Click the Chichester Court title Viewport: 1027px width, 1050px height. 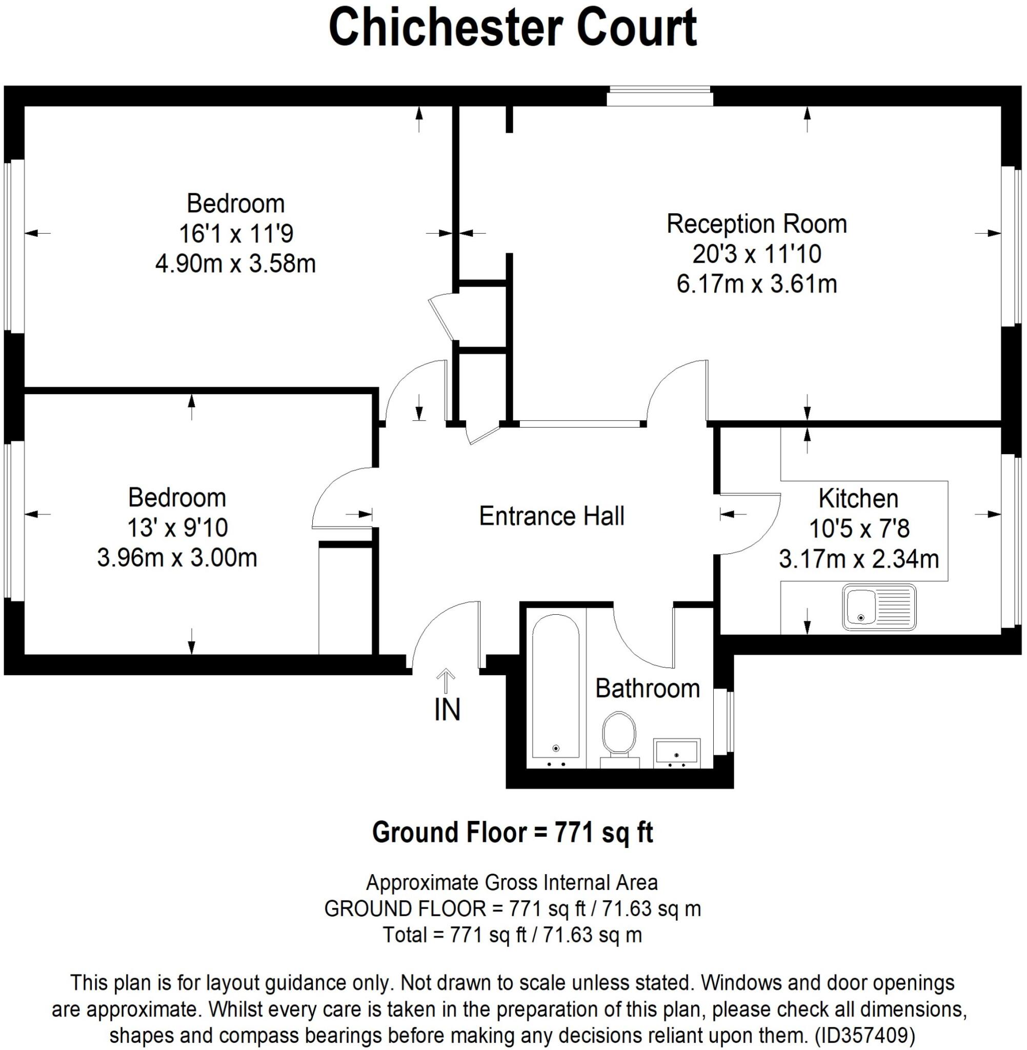click(512, 28)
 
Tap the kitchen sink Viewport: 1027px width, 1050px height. click(879, 607)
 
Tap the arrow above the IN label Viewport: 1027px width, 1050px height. click(446, 680)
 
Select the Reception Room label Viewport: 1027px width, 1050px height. click(756, 224)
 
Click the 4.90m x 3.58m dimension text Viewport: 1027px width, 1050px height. click(235, 264)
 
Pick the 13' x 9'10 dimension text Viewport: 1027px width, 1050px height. click(177, 528)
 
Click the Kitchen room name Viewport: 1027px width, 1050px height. click(858, 498)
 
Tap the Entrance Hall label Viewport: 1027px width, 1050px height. click(551, 516)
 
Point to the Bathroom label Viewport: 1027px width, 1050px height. click(647, 689)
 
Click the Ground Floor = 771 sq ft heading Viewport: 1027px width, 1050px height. click(512, 832)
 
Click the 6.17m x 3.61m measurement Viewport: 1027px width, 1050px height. click(756, 284)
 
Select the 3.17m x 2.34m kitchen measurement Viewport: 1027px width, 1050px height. click(859, 559)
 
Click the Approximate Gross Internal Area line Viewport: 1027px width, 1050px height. click(512, 883)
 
